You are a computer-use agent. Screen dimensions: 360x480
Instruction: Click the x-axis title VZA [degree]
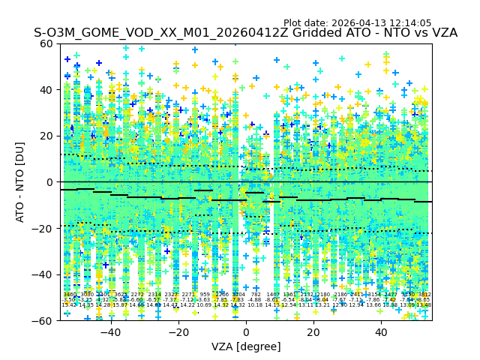pyautogui.click(x=246, y=346)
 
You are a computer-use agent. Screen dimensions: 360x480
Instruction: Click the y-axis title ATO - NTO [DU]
pyautogui.click(x=20, y=182)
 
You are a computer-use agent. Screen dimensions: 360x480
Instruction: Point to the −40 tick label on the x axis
pyautogui.click(x=110, y=332)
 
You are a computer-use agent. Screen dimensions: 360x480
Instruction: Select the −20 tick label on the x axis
pyautogui.click(x=178, y=332)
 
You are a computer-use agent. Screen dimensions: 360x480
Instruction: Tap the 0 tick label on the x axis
pyautogui.click(x=246, y=332)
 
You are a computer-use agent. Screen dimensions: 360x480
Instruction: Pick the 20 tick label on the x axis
pyautogui.click(x=313, y=332)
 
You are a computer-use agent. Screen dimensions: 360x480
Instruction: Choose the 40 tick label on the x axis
pyautogui.click(x=381, y=332)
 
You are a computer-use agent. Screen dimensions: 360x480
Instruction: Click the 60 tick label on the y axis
pyautogui.click(x=46, y=43)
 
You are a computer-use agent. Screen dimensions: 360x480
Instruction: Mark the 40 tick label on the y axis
pyautogui.click(x=46, y=90)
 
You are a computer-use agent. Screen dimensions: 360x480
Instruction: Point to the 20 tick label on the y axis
pyautogui.click(x=46, y=136)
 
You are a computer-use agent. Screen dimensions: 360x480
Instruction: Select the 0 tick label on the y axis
pyautogui.click(x=49, y=182)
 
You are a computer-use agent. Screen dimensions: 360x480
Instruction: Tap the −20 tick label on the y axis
pyautogui.click(x=43, y=228)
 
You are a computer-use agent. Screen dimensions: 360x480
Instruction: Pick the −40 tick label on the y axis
pyautogui.click(x=43, y=274)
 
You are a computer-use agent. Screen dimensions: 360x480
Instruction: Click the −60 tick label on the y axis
pyautogui.click(x=43, y=320)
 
